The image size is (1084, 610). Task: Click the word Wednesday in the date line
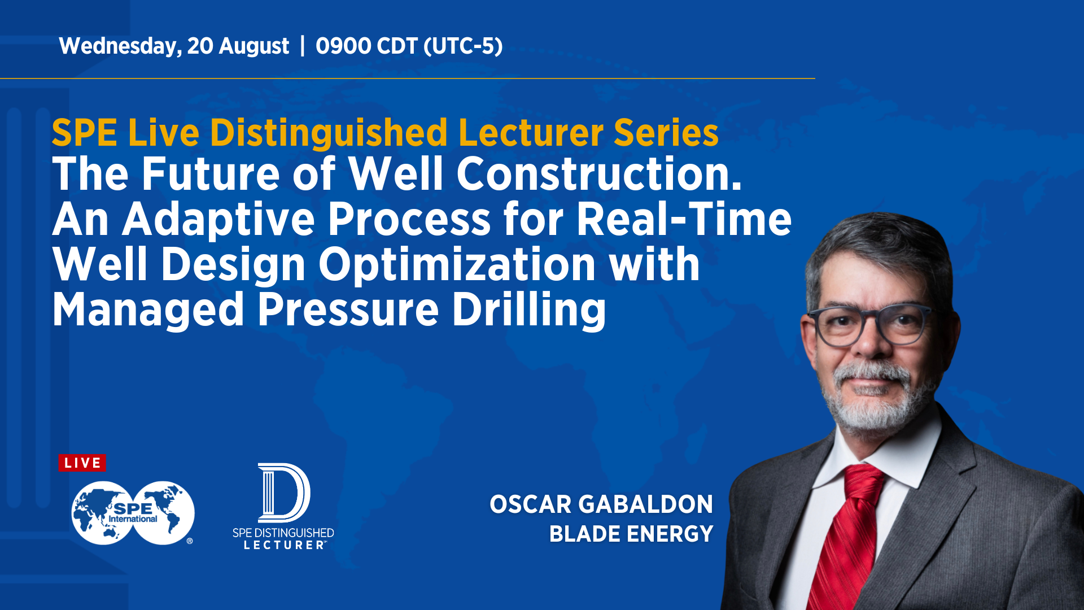click(120, 46)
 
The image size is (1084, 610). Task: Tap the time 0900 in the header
click(343, 46)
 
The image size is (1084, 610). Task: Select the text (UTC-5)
click(462, 46)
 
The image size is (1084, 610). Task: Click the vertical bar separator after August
click(303, 45)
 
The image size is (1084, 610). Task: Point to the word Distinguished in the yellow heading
click(329, 133)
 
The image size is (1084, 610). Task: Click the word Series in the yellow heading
click(666, 133)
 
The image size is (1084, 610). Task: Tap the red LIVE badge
click(82, 463)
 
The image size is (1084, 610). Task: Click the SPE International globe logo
click(133, 513)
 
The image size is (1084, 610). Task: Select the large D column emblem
click(283, 493)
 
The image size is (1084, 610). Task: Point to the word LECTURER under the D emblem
click(284, 545)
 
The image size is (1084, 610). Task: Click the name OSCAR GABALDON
click(601, 504)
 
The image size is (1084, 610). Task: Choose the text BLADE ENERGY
click(631, 534)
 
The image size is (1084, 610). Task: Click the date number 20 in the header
click(199, 46)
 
